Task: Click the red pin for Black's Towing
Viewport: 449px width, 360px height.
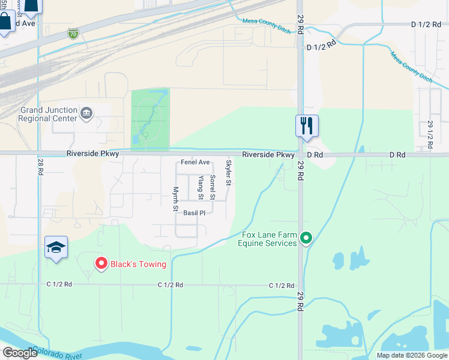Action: (101, 263)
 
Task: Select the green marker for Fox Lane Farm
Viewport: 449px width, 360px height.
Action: (306, 239)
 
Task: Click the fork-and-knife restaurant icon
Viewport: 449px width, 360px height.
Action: (307, 126)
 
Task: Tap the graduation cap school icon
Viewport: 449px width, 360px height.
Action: (56, 247)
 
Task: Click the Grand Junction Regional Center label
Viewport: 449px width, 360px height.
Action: (49, 114)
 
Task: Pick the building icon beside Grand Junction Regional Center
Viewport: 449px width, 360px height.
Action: (86, 113)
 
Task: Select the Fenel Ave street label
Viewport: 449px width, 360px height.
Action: (195, 163)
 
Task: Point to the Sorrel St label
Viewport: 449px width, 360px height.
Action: (212, 187)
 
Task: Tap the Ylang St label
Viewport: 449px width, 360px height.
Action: (200, 188)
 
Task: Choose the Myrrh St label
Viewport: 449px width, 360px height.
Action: (176, 199)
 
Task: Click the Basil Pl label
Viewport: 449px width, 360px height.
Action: (194, 213)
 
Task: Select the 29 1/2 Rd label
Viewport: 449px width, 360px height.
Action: (430, 134)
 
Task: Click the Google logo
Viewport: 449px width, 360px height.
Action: (20, 353)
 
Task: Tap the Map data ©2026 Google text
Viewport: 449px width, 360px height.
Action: (411, 355)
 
